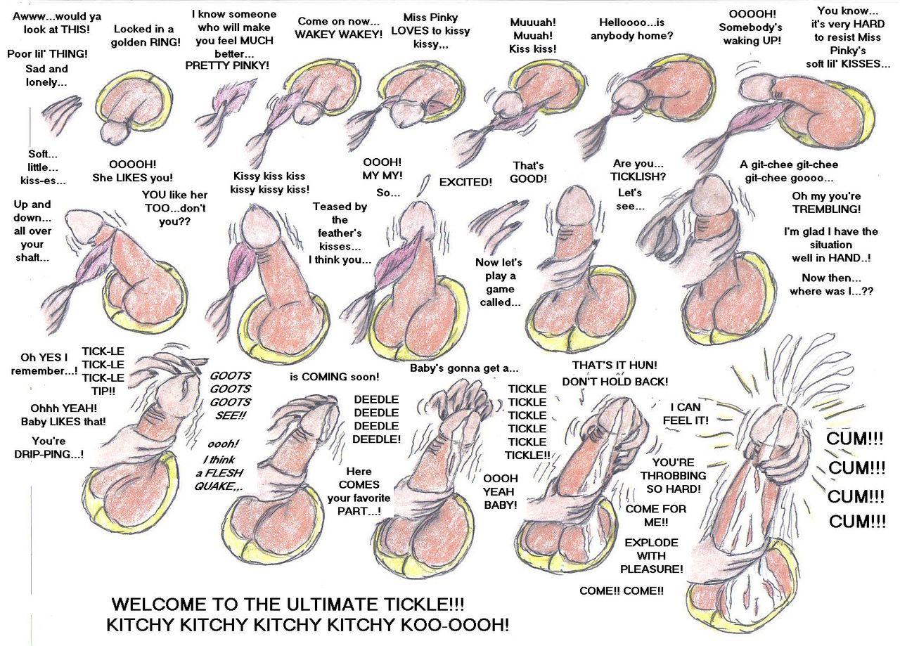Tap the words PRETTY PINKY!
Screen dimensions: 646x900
[x=227, y=66]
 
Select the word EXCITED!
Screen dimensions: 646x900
[x=465, y=182]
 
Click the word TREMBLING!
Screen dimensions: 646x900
[x=826, y=209]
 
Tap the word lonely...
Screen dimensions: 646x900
[x=48, y=83]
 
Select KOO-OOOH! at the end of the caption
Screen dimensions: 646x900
[x=459, y=625]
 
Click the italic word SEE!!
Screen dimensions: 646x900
[x=229, y=416]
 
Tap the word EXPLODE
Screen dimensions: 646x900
[x=651, y=543]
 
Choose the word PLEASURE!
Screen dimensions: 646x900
[x=652, y=569]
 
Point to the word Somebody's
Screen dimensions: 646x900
[x=750, y=27]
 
